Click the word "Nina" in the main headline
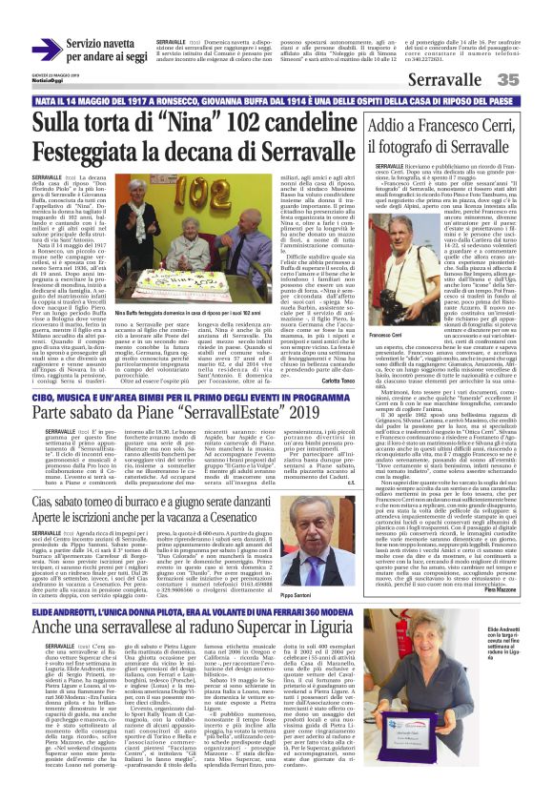click(152, 123)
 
